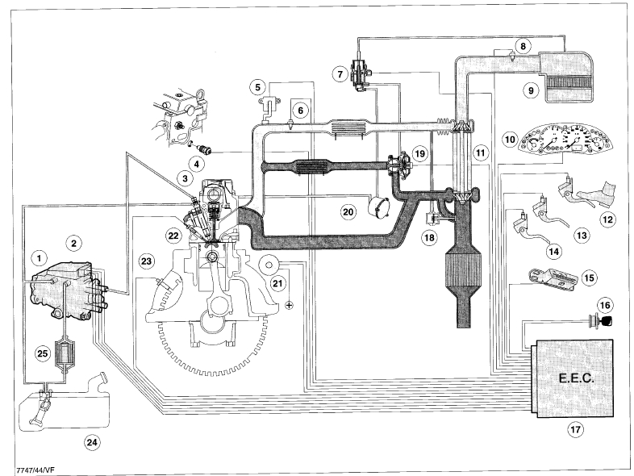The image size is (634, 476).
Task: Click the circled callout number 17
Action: (574, 429)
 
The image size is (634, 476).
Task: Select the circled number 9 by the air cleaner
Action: (530, 90)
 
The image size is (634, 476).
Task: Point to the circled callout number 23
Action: (146, 261)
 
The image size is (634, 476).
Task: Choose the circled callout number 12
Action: (607, 218)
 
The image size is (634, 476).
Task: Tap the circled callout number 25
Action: (41, 353)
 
